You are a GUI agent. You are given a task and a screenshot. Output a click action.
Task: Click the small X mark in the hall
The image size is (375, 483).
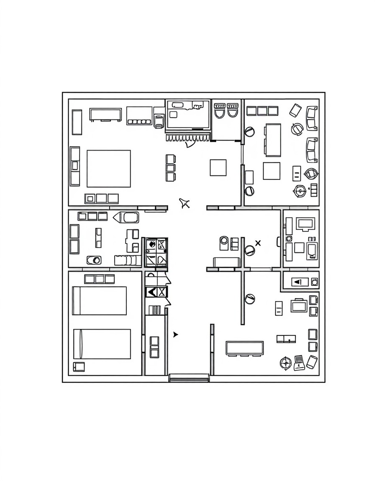[258, 243]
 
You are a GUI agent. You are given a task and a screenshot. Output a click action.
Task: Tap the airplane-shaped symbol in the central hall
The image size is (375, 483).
[185, 204]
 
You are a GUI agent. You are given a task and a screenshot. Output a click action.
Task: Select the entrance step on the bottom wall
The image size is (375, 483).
[189, 378]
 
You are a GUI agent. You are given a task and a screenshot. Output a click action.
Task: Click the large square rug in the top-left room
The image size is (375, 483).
[109, 169]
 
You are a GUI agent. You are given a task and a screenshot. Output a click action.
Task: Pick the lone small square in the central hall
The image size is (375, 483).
[218, 168]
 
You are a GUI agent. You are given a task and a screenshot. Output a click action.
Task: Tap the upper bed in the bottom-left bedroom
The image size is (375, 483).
[100, 301]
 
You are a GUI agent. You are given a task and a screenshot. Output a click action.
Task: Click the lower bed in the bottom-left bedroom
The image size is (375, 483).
[102, 344]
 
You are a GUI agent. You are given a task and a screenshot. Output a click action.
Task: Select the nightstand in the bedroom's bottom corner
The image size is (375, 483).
[79, 366]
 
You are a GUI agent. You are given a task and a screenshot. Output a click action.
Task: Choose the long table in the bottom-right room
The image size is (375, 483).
[244, 348]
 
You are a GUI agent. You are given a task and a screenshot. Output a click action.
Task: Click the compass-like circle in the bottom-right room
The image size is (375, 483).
[285, 363]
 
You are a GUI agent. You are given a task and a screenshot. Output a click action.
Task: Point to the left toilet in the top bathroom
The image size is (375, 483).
[220, 111]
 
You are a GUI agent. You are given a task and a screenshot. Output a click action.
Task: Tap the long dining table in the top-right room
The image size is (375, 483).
[273, 140]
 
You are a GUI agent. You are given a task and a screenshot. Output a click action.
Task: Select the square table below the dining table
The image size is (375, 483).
[272, 171]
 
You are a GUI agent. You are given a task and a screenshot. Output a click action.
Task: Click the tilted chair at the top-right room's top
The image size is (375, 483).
[295, 110]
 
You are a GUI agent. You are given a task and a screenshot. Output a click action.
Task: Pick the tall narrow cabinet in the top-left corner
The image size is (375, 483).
[77, 122]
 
